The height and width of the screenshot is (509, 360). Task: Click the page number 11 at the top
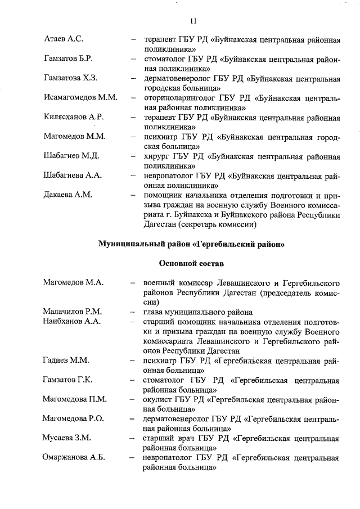pos(193,21)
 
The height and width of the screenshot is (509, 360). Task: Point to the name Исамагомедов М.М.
pos(80,97)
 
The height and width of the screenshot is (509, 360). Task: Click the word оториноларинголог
pos(178,97)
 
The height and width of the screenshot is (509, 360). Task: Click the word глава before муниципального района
pos(154,312)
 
